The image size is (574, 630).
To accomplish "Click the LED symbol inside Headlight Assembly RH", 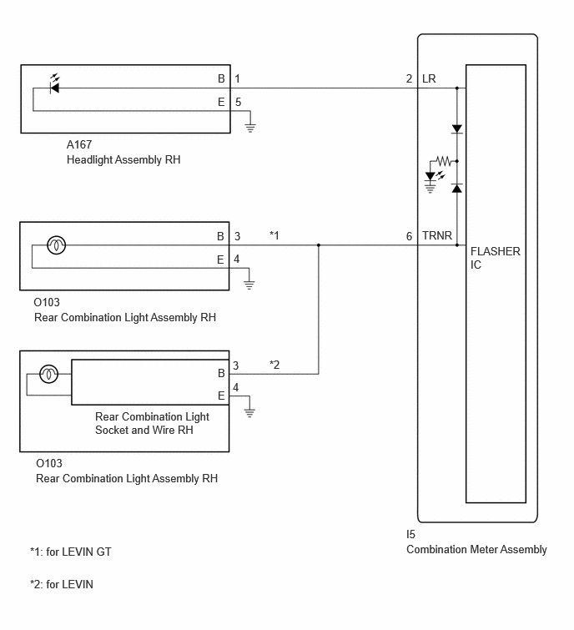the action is (x=54, y=85).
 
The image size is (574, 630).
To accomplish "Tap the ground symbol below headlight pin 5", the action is (x=250, y=128).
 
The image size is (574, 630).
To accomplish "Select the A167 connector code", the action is (x=79, y=144).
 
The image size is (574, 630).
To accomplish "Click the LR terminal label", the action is (x=429, y=78).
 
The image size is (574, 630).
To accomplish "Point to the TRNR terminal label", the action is (x=437, y=235).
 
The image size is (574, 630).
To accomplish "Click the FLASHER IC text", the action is (x=496, y=258).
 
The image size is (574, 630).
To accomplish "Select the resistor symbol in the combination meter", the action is (x=444, y=161).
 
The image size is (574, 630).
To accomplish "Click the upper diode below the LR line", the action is (x=456, y=129).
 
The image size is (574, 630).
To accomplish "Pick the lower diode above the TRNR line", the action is (x=456, y=188).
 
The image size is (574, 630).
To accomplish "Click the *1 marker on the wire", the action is (x=274, y=235).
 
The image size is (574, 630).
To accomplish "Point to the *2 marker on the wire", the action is (x=274, y=365).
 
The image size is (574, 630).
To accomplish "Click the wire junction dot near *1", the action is (x=319, y=245).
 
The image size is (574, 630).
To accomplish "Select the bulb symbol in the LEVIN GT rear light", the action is (x=56, y=245).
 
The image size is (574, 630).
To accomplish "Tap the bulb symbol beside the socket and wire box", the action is (x=49, y=374).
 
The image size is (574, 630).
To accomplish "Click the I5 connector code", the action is (x=410, y=534).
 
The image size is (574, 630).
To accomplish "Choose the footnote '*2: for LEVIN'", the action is (x=62, y=584).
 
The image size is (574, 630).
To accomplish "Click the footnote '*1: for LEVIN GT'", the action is (x=71, y=552).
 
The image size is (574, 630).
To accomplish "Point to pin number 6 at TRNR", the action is (x=409, y=236).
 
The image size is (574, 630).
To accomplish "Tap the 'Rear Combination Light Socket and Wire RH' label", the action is (x=152, y=423).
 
